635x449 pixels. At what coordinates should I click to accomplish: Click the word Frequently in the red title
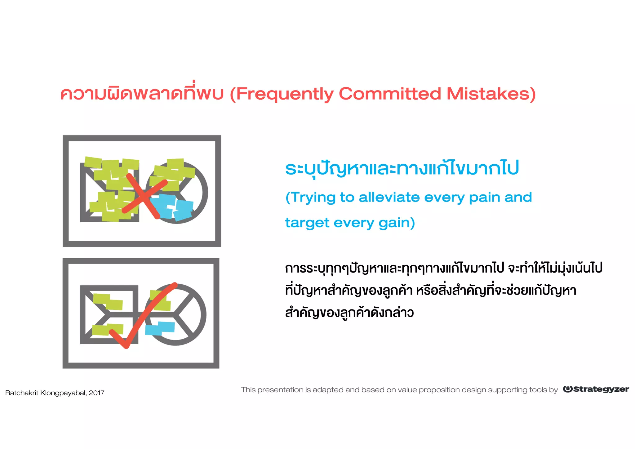coord(285,94)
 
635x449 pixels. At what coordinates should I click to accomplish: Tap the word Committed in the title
coord(389,94)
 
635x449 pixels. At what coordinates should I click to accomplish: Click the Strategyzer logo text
coord(601,389)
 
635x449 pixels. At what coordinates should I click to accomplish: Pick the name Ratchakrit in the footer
coord(22,393)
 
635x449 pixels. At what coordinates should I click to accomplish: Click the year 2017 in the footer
coord(96,393)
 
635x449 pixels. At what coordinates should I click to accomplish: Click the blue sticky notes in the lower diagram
coord(160,328)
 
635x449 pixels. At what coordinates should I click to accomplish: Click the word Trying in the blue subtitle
coord(313,198)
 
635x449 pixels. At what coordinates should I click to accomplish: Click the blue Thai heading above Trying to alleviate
coord(402,168)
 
